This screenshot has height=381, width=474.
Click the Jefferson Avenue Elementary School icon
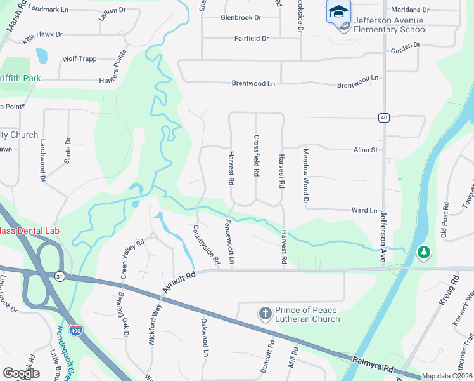[338, 11]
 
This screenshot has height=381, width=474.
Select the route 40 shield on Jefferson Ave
[383, 117]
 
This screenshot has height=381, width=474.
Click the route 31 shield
[60, 276]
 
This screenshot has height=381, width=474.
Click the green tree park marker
[423, 253]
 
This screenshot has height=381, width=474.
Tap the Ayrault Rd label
[179, 279]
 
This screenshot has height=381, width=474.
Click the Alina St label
[365, 150]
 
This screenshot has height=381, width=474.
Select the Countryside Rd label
[205, 244]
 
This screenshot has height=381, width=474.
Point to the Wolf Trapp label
[79, 59]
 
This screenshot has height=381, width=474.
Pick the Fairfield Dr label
[252, 39]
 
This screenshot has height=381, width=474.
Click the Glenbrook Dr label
[241, 18]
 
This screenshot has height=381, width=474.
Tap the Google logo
[21, 373]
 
